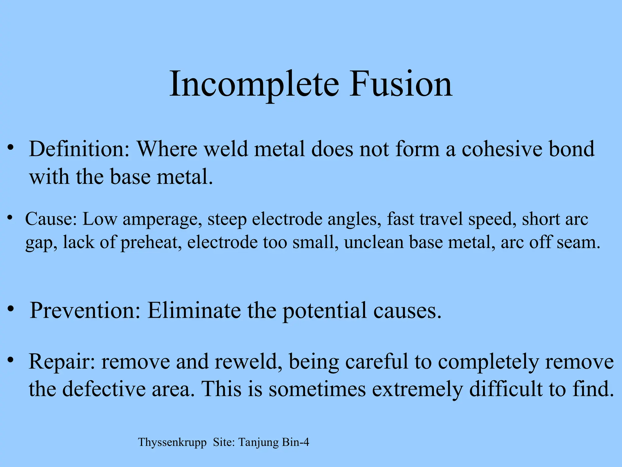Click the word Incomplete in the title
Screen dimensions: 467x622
[254, 84]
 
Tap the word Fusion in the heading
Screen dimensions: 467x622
[401, 84]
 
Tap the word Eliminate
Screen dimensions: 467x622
[194, 310]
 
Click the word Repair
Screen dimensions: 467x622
[62, 362]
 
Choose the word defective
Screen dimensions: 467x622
[104, 389]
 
